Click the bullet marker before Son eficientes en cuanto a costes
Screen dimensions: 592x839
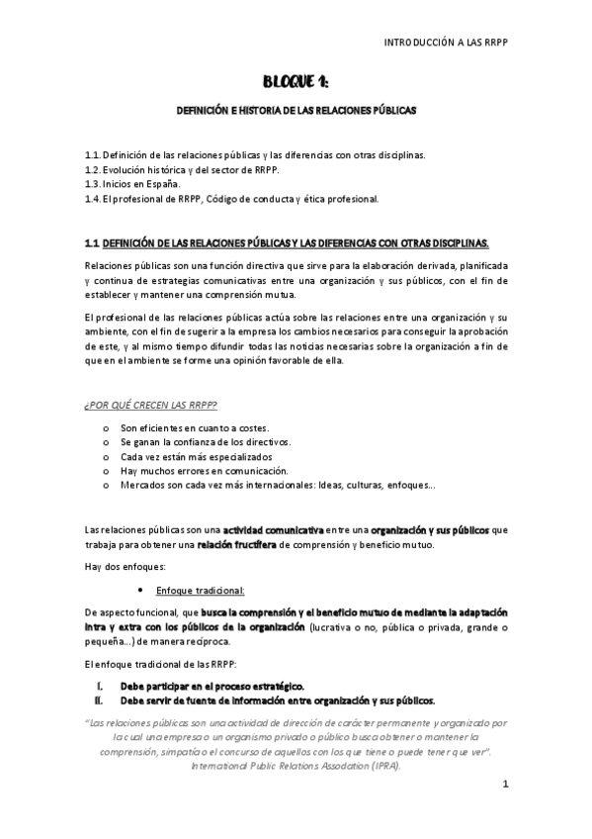pos(106,427)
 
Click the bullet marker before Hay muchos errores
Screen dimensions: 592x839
pos(106,472)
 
